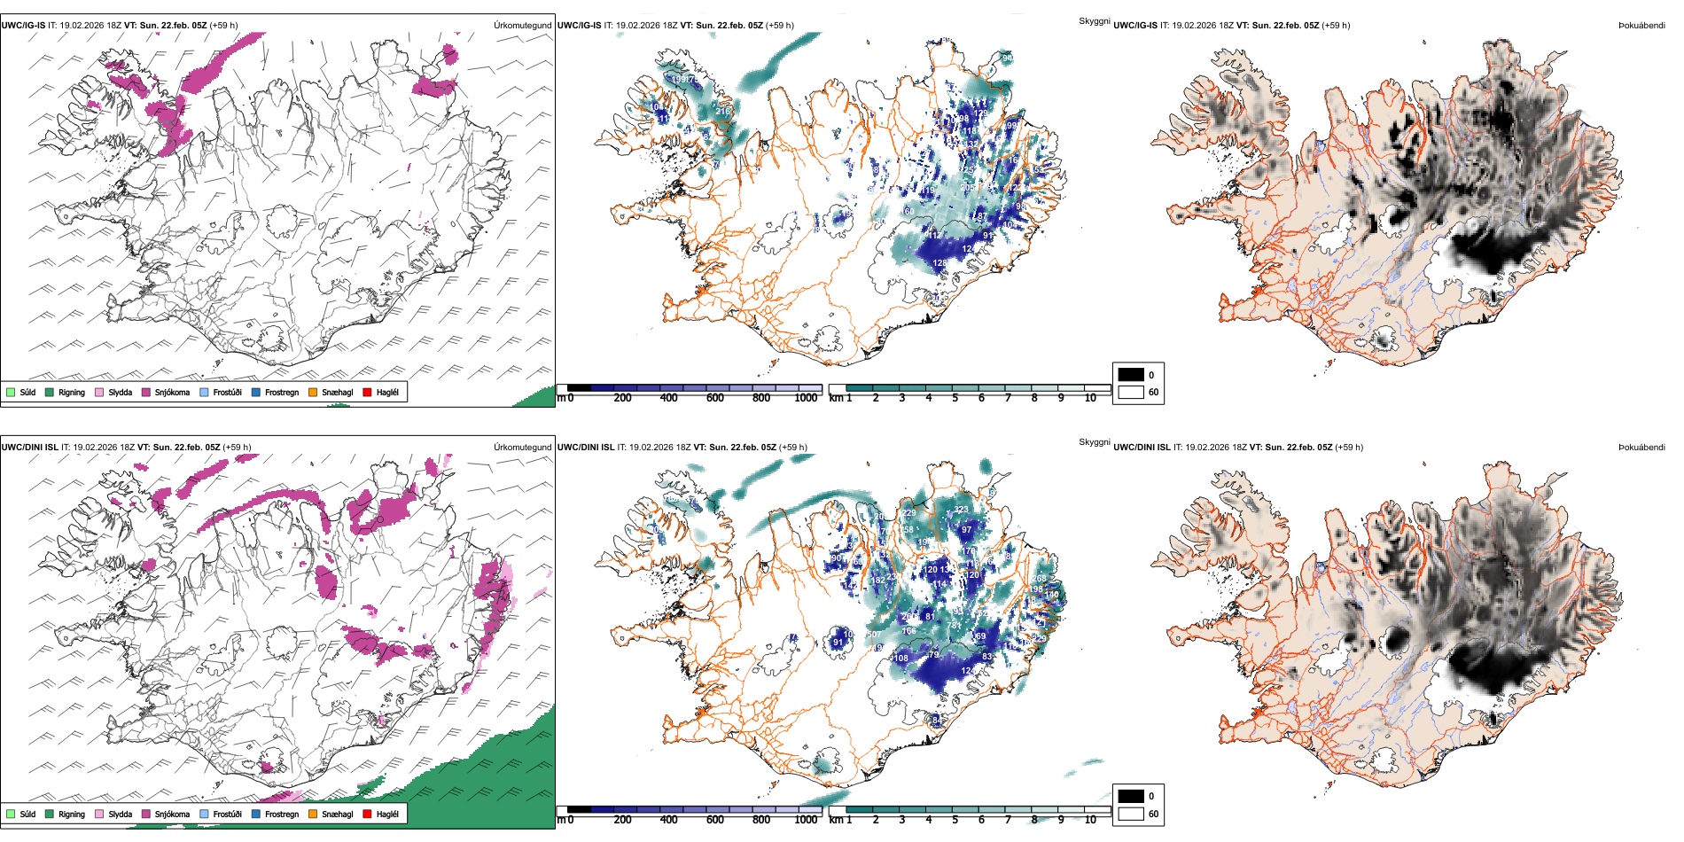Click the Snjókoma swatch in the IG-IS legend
pyautogui.click(x=146, y=392)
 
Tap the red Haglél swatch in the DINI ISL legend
pyautogui.click(x=368, y=814)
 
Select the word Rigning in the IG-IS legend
pyautogui.click(x=72, y=392)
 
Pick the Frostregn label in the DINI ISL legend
pyautogui.click(x=281, y=814)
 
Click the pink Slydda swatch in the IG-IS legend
pyautogui.click(x=99, y=392)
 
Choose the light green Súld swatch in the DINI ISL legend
pyautogui.click(x=11, y=814)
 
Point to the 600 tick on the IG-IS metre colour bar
pyautogui.click(x=714, y=398)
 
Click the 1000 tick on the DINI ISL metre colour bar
pyautogui.click(x=806, y=820)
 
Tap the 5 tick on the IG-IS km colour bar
pyautogui.click(x=955, y=398)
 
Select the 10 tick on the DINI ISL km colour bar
pyautogui.click(x=1090, y=820)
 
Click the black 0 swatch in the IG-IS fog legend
pyautogui.click(x=1131, y=375)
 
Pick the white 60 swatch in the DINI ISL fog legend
pyautogui.click(x=1131, y=814)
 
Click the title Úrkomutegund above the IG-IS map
pyautogui.click(x=522, y=26)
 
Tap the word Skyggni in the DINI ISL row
pyautogui.click(x=1094, y=442)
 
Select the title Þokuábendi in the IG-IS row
pyautogui.click(x=1641, y=26)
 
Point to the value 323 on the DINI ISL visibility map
pyautogui.click(x=962, y=510)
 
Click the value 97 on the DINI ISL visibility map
pyautogui.click(x=966, y=530)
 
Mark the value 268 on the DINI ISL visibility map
pyautogui.click(x=1039, y=579)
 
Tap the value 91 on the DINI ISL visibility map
pyautogui.click(x=838, y=643)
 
